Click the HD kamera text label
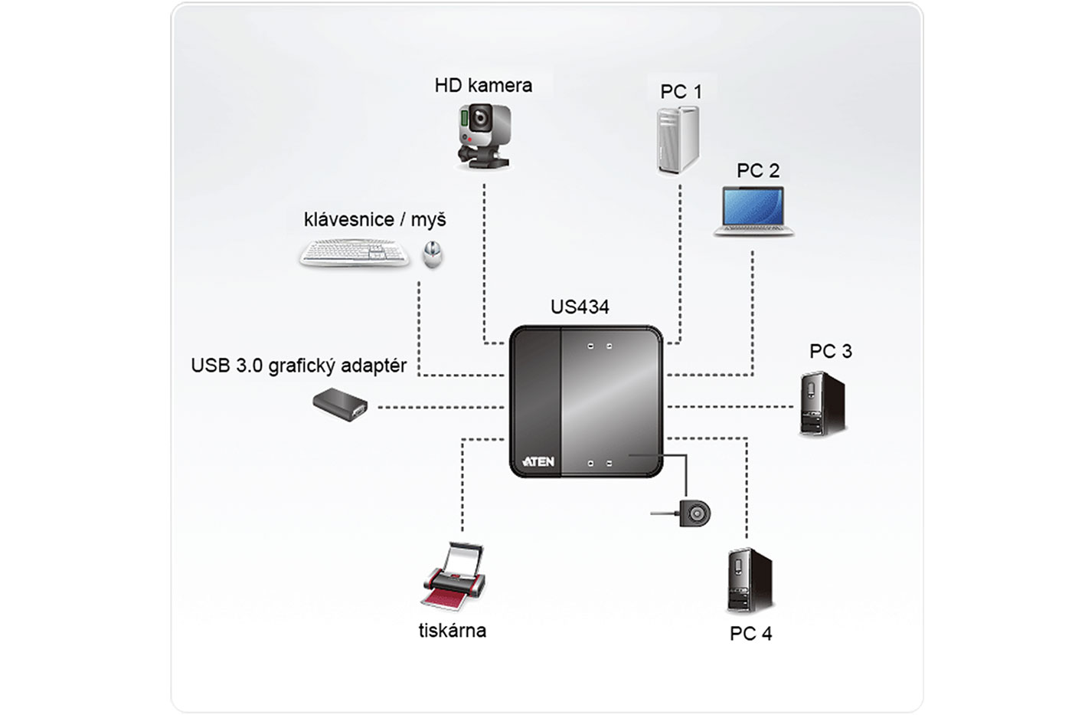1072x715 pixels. [x=483, y=85]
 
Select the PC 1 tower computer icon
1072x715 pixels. [x=678, y=139]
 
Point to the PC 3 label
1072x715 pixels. [x=830, y=351]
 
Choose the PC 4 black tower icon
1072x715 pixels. [x=748, y=581]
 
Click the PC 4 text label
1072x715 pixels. [x=750, y=634]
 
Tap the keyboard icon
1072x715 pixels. [x=355, y=253]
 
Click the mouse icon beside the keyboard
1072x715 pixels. [x=433, y=254]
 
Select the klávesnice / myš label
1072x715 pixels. [x=374, y=220]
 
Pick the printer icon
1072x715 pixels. [x=454, y=576]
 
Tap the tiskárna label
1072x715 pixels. [x=452, y=631]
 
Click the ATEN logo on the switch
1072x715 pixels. [x=538, y=461]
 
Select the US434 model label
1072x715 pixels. [x=580, y=307]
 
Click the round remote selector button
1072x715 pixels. [x=695, y=513]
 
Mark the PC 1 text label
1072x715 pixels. [x=681, y=92]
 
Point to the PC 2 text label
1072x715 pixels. [x=758, y=171]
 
